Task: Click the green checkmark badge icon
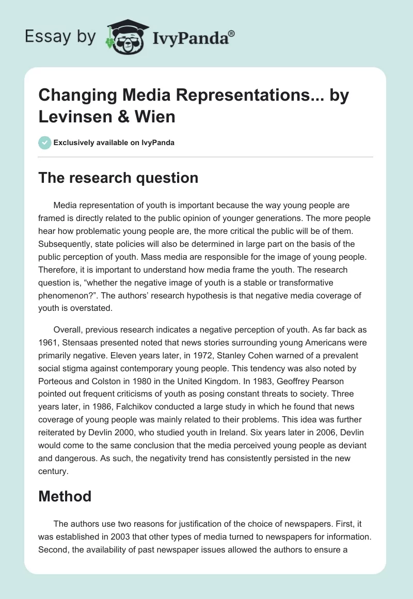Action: (x=45, y=143)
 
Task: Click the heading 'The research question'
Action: (x=118, y=178)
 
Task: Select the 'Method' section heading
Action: (x=65, y=496)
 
